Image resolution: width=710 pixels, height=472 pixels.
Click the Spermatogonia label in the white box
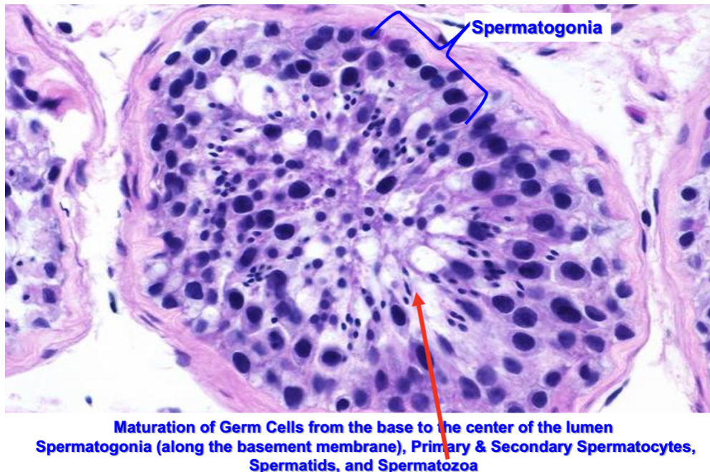point(536,28)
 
